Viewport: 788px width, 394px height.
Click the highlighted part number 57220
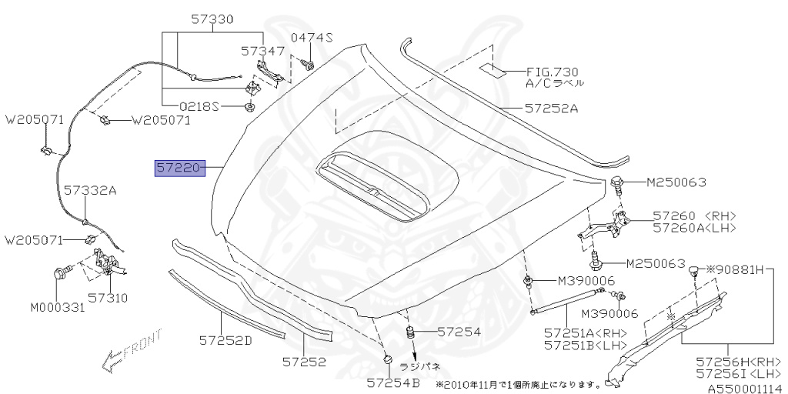click(179, 167)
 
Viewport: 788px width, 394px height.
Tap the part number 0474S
click(312, 38)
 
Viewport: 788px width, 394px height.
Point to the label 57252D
click(225, 339)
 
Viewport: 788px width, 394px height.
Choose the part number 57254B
click(392, 382)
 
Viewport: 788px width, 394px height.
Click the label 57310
click(107, 297)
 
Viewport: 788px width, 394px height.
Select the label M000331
click(58, 308)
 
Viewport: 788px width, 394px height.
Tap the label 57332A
click(89, 189)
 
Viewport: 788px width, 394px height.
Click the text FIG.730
click(553, 69)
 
